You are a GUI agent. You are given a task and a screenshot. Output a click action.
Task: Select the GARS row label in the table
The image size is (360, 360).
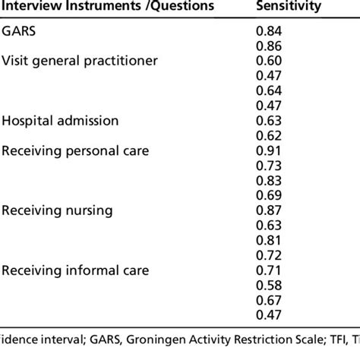point(19,30)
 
